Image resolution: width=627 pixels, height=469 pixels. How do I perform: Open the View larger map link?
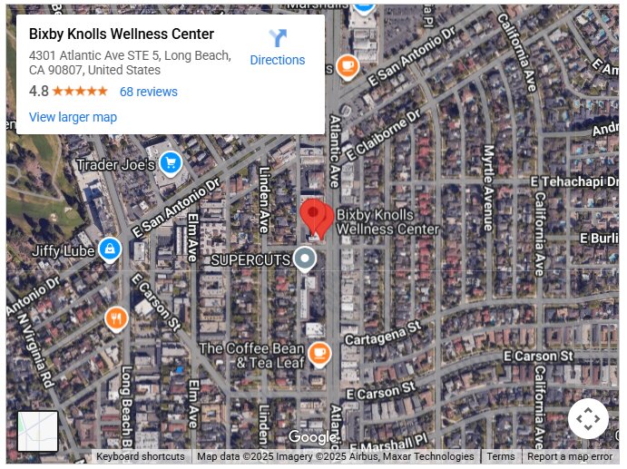coord(73,117)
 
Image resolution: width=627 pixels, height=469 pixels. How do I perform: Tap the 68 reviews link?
coord(148,92)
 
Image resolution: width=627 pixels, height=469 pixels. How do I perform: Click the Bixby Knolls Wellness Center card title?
coord(122,34)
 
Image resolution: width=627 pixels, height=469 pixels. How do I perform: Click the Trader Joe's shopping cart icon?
coord(170,163)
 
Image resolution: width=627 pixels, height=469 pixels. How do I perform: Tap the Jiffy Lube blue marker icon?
coord(110,248)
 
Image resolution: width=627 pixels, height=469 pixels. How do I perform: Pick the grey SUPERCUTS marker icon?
coord(306,259)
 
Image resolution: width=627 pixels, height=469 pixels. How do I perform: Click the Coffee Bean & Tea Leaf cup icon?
coord(318,353)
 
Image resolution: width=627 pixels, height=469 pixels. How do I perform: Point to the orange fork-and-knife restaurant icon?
coord(116,318)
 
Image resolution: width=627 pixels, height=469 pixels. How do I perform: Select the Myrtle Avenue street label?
coord(488,187)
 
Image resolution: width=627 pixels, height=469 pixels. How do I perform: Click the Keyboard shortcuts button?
coord(141,457)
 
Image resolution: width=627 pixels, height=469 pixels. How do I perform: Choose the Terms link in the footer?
coord(501,457)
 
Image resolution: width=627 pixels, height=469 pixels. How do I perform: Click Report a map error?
coord(570,457)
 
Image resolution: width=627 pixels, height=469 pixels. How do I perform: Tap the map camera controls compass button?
coord(588,419)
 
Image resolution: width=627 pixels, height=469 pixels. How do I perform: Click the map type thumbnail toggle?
coord(38,432)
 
